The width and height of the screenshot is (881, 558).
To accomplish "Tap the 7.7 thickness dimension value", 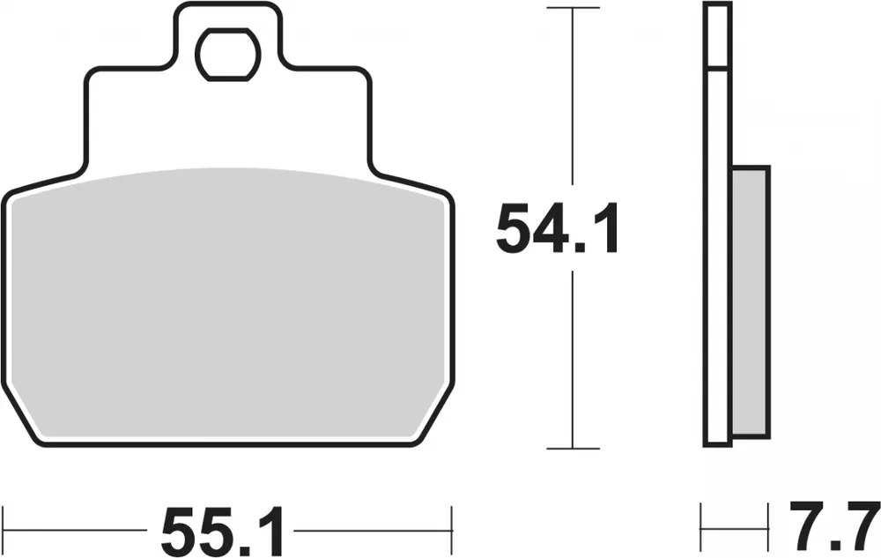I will pyautogui.click(x=827, y=526).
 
